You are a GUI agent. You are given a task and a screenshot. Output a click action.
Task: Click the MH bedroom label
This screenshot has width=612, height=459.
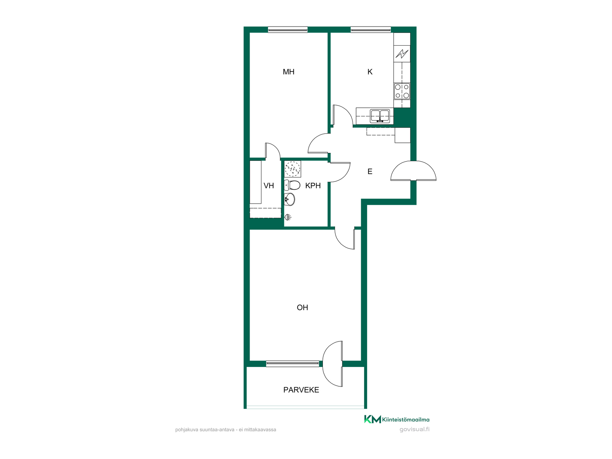click(288, 72)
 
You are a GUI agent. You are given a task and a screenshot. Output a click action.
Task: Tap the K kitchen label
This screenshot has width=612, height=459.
click(370, 72)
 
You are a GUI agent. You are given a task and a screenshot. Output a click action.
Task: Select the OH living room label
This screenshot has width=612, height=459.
click(302, 308)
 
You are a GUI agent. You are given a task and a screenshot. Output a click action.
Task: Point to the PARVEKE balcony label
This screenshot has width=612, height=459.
click(301, 390)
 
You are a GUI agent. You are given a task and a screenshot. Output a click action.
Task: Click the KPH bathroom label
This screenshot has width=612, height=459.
click(313, 186)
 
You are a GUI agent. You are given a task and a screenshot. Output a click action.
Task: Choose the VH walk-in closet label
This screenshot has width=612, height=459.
click(269, 186)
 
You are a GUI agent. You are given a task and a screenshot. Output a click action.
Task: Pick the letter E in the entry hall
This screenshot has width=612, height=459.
click(370, 171)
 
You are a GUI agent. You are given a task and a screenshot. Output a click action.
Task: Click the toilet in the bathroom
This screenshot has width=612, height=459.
click(292, 185)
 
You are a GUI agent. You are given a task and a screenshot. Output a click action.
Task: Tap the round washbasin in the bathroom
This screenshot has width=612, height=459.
click(289, 200)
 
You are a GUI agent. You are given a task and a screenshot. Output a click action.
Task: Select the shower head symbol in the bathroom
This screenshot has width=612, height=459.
click(288, 217)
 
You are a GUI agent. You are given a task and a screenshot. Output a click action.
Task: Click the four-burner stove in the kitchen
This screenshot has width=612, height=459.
click(402, 91)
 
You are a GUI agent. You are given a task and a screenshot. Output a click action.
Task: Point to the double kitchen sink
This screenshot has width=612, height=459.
click(380, 116)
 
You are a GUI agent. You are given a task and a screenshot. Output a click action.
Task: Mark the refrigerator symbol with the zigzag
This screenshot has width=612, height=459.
click(402, 54)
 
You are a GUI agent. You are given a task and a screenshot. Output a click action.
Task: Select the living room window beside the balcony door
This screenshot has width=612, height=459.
click(293, 364)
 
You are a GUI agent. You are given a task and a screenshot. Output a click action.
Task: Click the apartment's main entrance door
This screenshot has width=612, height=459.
click(413, 171)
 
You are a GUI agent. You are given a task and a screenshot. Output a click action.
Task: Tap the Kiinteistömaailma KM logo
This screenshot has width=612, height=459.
click(397, 419)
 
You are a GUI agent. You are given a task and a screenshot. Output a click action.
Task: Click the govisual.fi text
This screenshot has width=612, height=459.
click(414, 429)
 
